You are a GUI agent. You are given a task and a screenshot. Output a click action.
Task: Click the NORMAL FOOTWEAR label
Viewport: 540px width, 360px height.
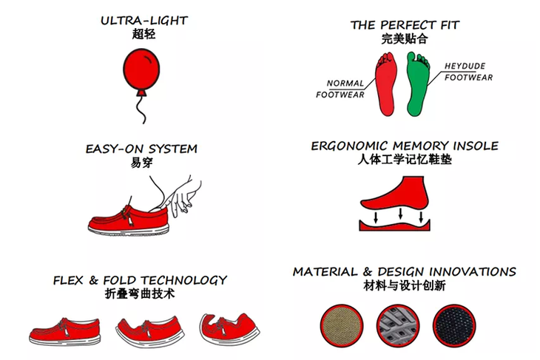[x=340, y=89]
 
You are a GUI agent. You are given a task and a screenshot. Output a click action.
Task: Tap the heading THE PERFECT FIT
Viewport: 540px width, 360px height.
[x=405, y=25]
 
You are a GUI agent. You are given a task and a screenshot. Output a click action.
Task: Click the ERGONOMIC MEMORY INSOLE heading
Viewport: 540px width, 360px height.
[x=405, y=146]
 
